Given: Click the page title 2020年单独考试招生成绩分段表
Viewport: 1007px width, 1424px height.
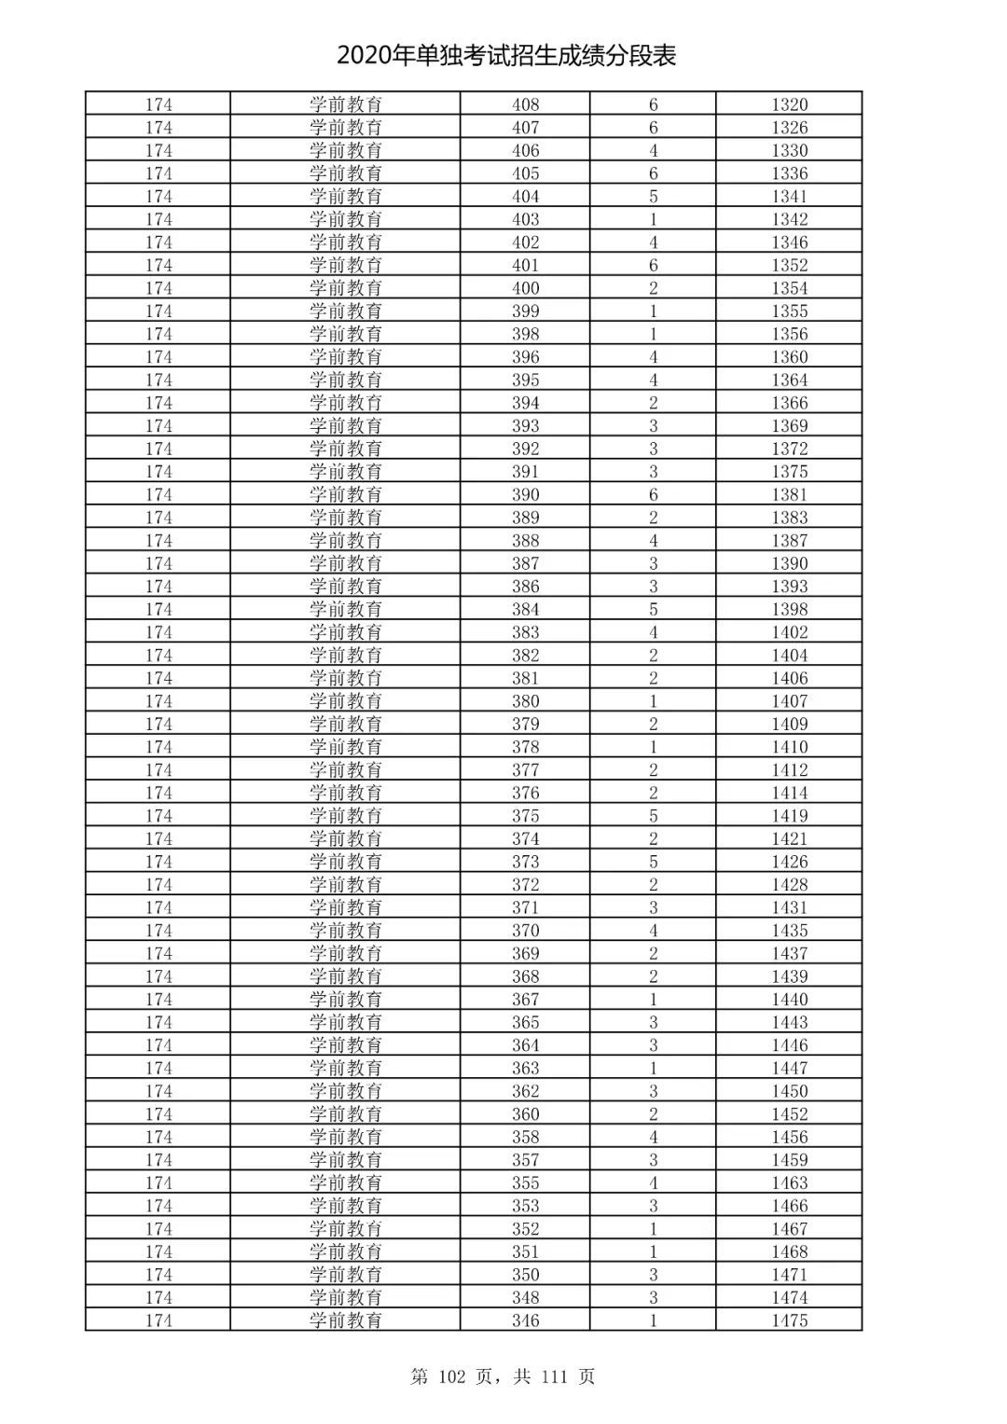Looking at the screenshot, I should [505, 56].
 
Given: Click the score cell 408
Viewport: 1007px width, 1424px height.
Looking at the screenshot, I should [525, 104].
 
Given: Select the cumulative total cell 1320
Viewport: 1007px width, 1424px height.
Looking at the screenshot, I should [789, 104].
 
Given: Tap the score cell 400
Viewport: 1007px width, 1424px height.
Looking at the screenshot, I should [525, 288].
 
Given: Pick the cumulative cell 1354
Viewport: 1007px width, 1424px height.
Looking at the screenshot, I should [789, 288].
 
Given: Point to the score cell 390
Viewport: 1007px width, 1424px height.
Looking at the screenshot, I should [525, 494].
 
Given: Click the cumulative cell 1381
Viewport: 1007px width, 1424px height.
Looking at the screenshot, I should [789, 494].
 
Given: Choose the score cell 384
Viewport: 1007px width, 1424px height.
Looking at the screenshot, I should [525, 609].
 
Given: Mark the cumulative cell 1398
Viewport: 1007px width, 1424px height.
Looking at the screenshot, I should [789, 609].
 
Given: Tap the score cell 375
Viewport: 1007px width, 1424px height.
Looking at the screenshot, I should [525, 816].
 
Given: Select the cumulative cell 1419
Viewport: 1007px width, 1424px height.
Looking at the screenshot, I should [789, 816].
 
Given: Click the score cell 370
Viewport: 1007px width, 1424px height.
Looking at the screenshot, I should [525, 931].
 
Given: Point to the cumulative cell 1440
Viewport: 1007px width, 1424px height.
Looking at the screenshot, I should [789, 999].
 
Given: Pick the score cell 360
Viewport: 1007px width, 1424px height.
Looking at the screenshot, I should [525, 1113].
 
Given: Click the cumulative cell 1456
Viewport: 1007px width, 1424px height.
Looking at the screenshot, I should [789, 1137].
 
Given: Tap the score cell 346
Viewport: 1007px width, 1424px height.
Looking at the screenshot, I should [525, 1320].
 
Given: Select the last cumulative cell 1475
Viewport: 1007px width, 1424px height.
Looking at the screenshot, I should [789, 1320].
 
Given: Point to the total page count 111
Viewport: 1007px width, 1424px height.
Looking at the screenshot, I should [553, 1376].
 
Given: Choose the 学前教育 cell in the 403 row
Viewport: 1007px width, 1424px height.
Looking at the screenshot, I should [345, 219].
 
